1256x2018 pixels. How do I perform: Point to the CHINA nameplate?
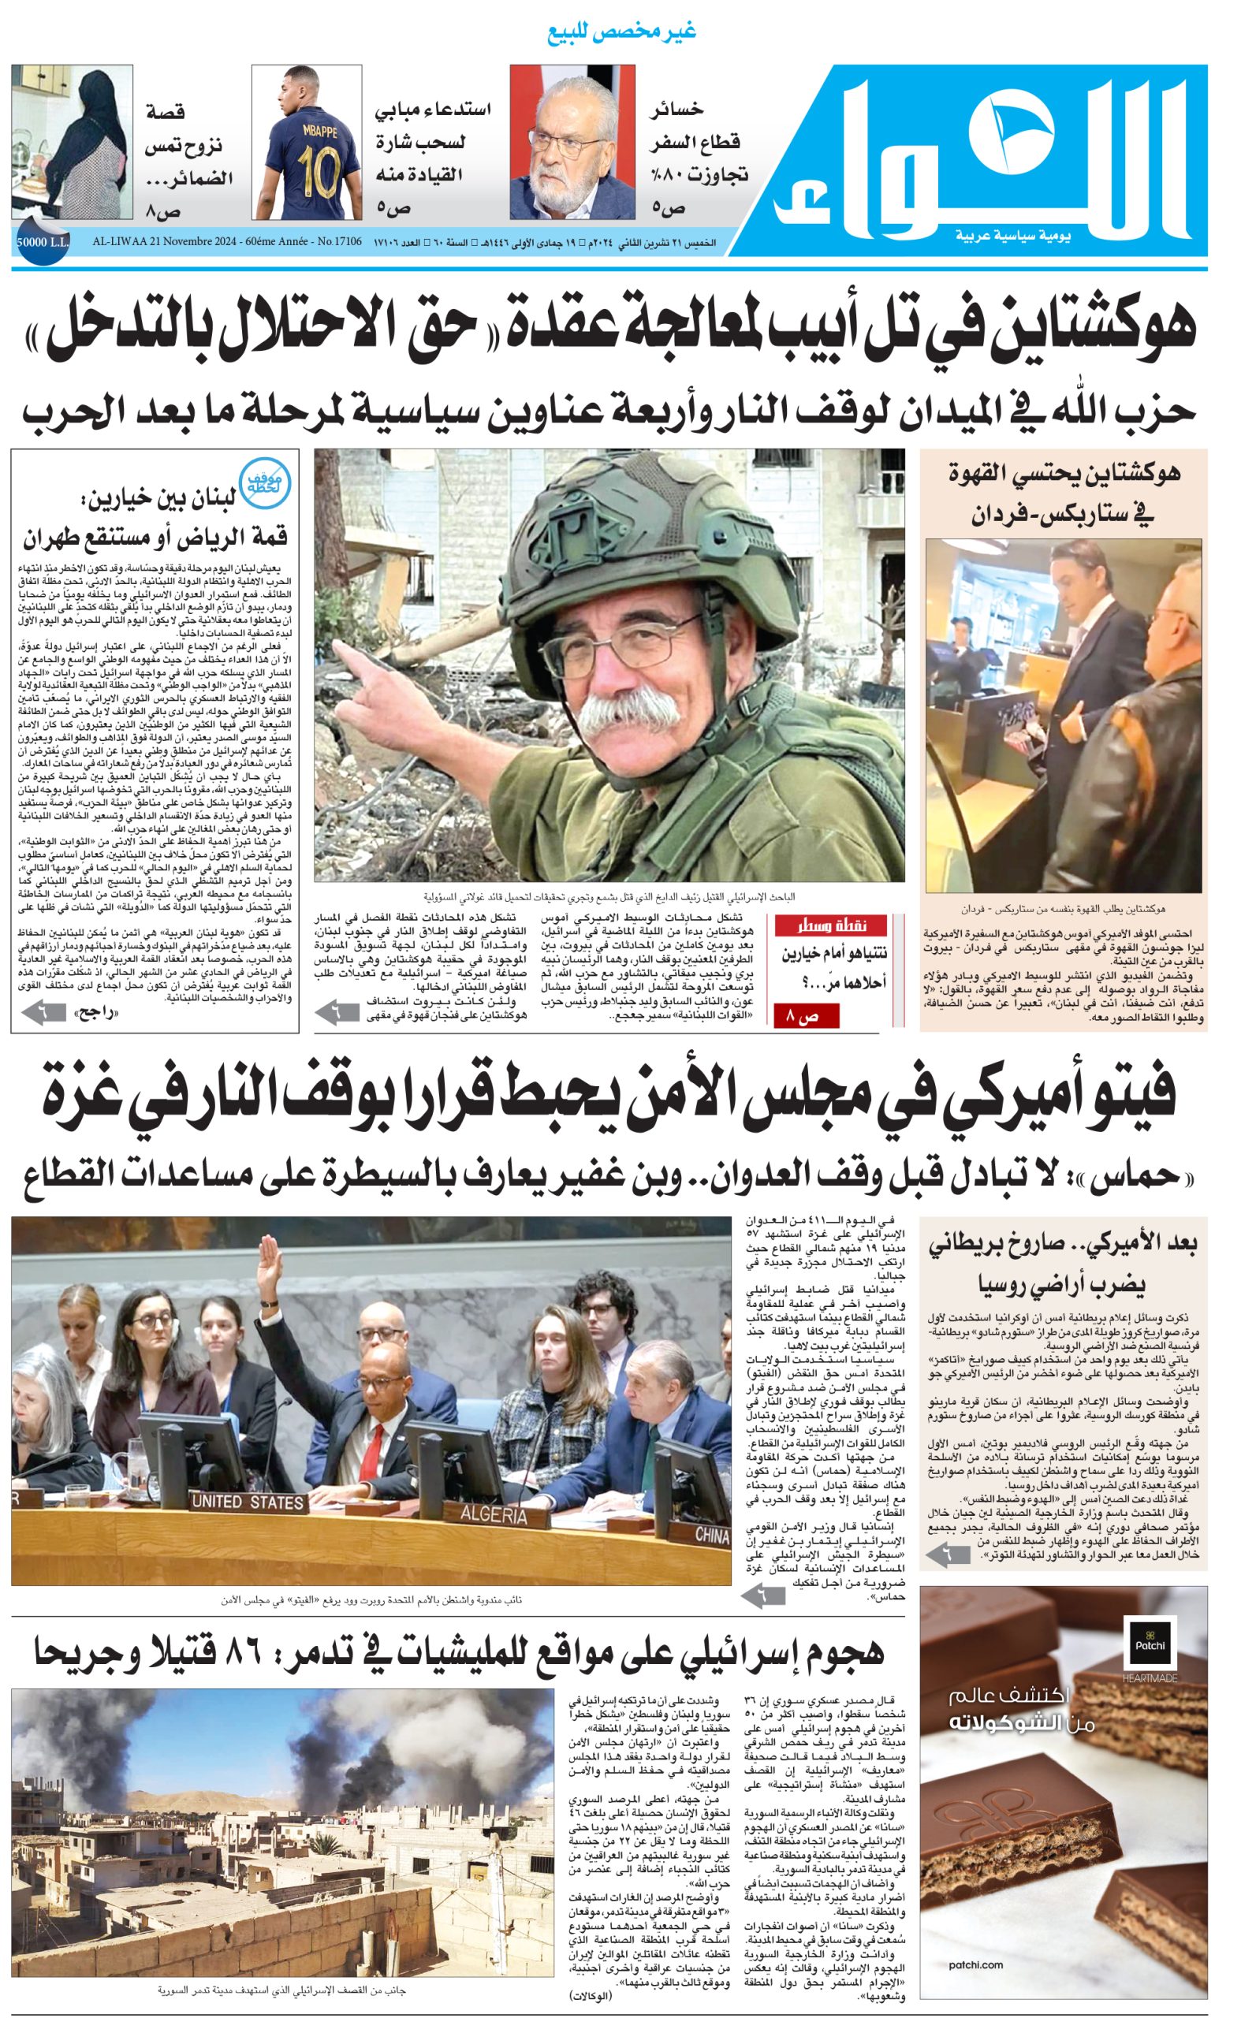click(711, 1535)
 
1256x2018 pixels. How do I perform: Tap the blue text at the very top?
click(621, 32)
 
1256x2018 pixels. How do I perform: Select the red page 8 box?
click(806, 1015)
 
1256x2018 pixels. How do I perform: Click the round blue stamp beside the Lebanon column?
click(265, 481)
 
